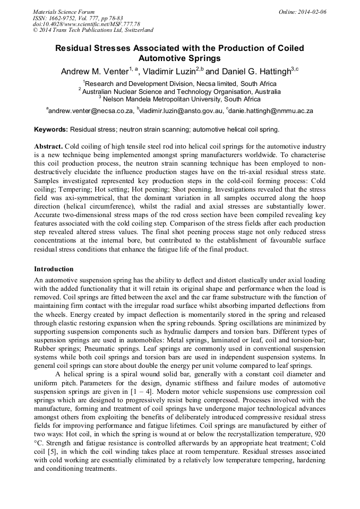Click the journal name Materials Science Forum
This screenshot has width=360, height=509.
64,11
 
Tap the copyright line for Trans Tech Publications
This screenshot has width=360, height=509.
93,30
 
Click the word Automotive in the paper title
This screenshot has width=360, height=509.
164,58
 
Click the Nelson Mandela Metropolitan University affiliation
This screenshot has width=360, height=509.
181,99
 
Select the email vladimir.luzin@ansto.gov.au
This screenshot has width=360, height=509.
181,111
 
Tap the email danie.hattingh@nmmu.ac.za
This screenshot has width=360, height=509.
271,111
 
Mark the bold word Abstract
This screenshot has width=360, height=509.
49,146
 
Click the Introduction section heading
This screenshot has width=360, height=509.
54,269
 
